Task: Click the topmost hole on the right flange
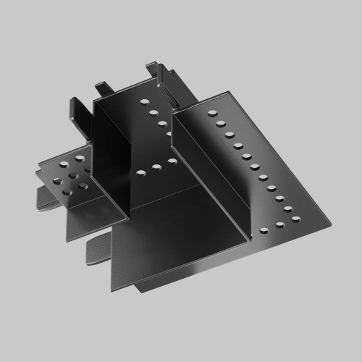[212, 113]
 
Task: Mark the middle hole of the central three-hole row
[155, 168]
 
